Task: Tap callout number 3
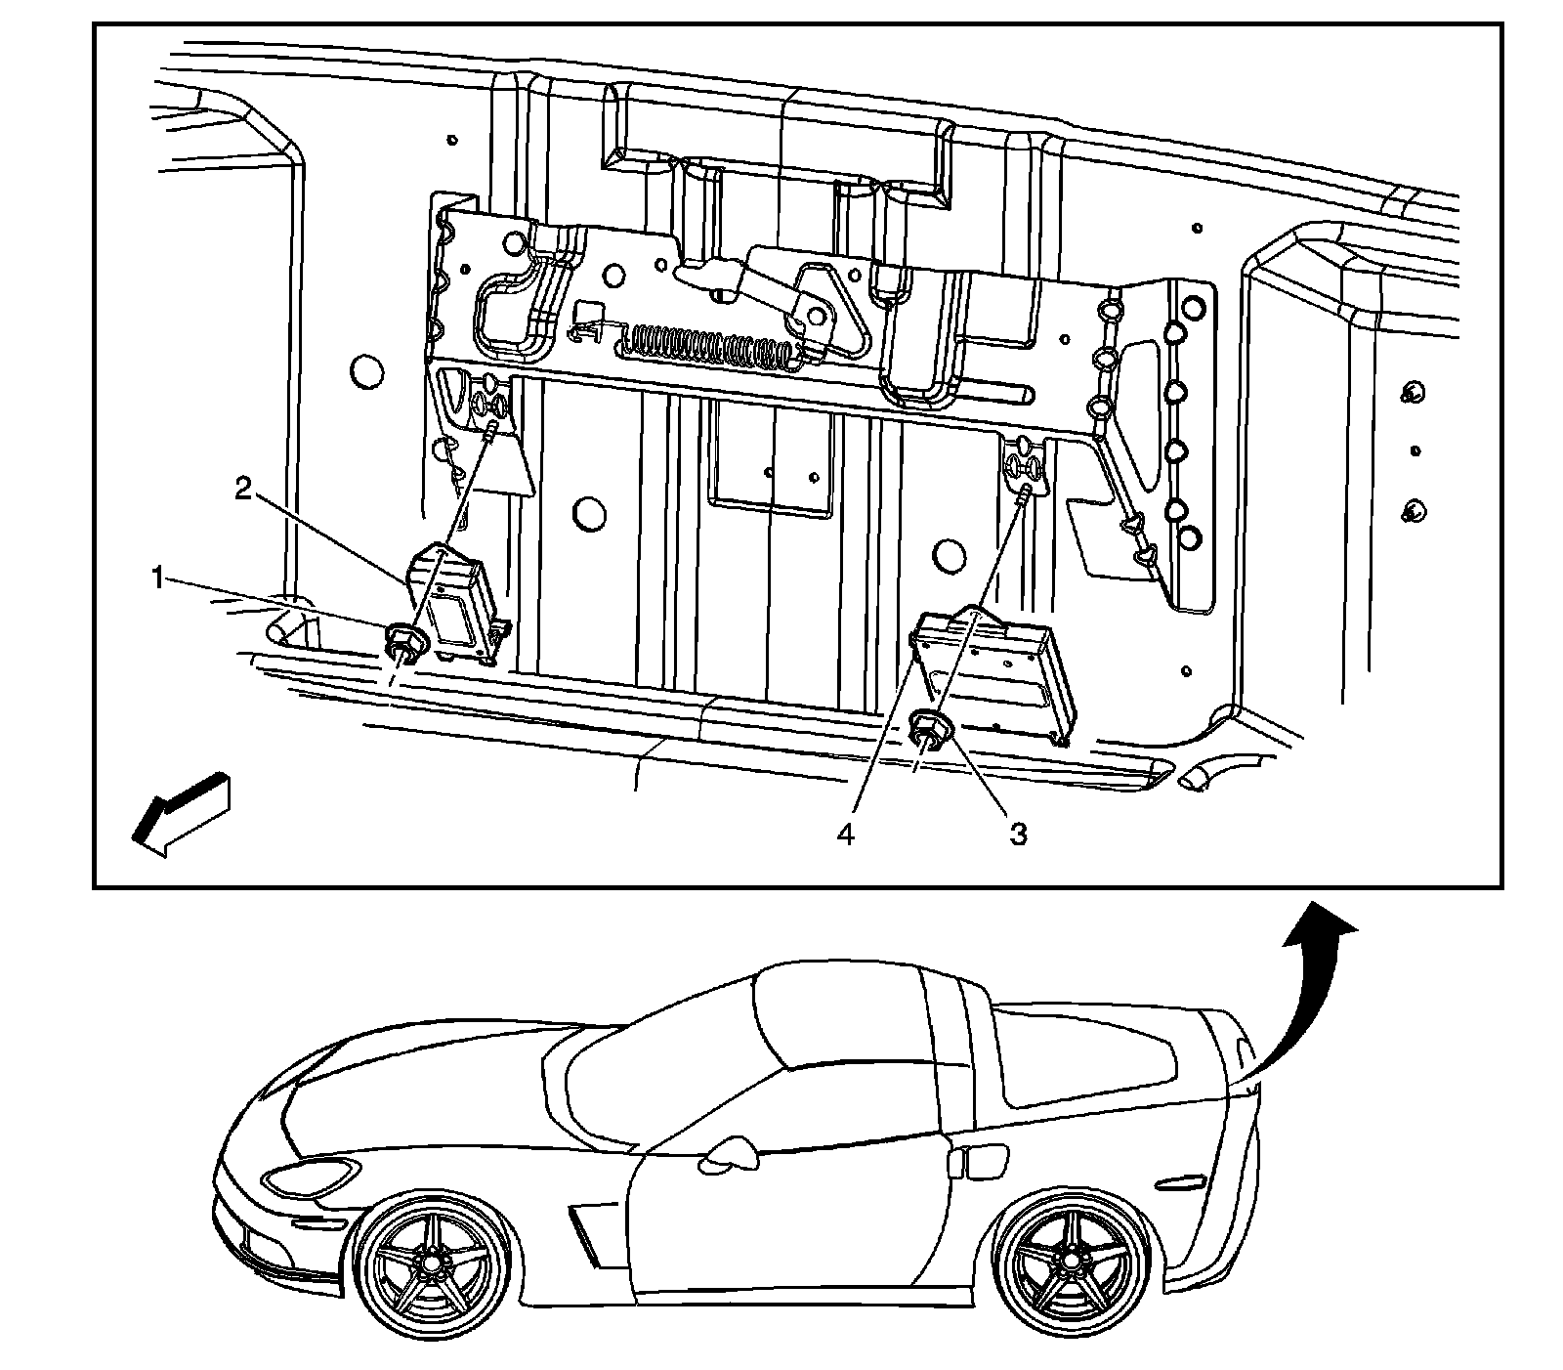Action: pos(1018,835)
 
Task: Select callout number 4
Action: pos(846,835)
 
